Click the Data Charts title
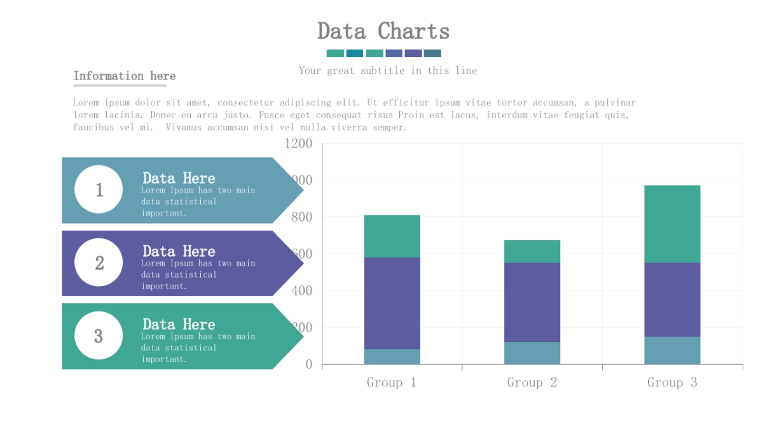[x=383, y=31]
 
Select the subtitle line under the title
[x=388, y=71]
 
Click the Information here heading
[x=125, y=76]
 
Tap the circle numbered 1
[x=99, y=189]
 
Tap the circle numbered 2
[x=99, y=262]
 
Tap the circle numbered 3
[x=99, y=336]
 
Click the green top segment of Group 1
[x=392, y=236]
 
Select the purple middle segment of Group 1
[x=392, y=303]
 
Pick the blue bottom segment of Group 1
[x=392, y=357]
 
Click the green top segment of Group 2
[x=532, y=251]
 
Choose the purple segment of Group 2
[x=532, y=302]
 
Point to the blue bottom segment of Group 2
[x=532, y=353]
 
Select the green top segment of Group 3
[x=672, y=224]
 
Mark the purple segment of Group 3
[x=672, y=299]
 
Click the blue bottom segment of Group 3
[x=672, y=350]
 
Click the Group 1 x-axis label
[x=392, y=383]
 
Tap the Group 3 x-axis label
[x=672, y=383]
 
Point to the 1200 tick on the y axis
[x=298, y=144]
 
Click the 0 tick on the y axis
[x=309, y=364]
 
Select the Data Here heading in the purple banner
[x=179, y=251]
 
